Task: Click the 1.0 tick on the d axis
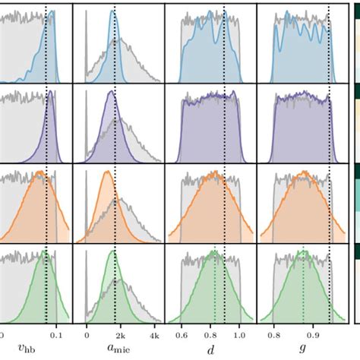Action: (240, 333)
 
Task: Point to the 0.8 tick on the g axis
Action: (273, 333)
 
